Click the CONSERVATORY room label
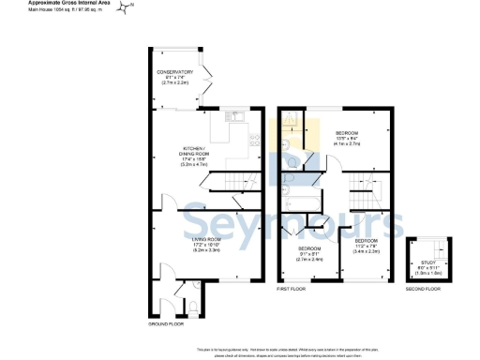[175, 71]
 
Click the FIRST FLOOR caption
[291, 291]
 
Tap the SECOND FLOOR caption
[424, 291]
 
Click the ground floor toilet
[190, 306]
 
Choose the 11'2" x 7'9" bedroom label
[365, 241]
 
